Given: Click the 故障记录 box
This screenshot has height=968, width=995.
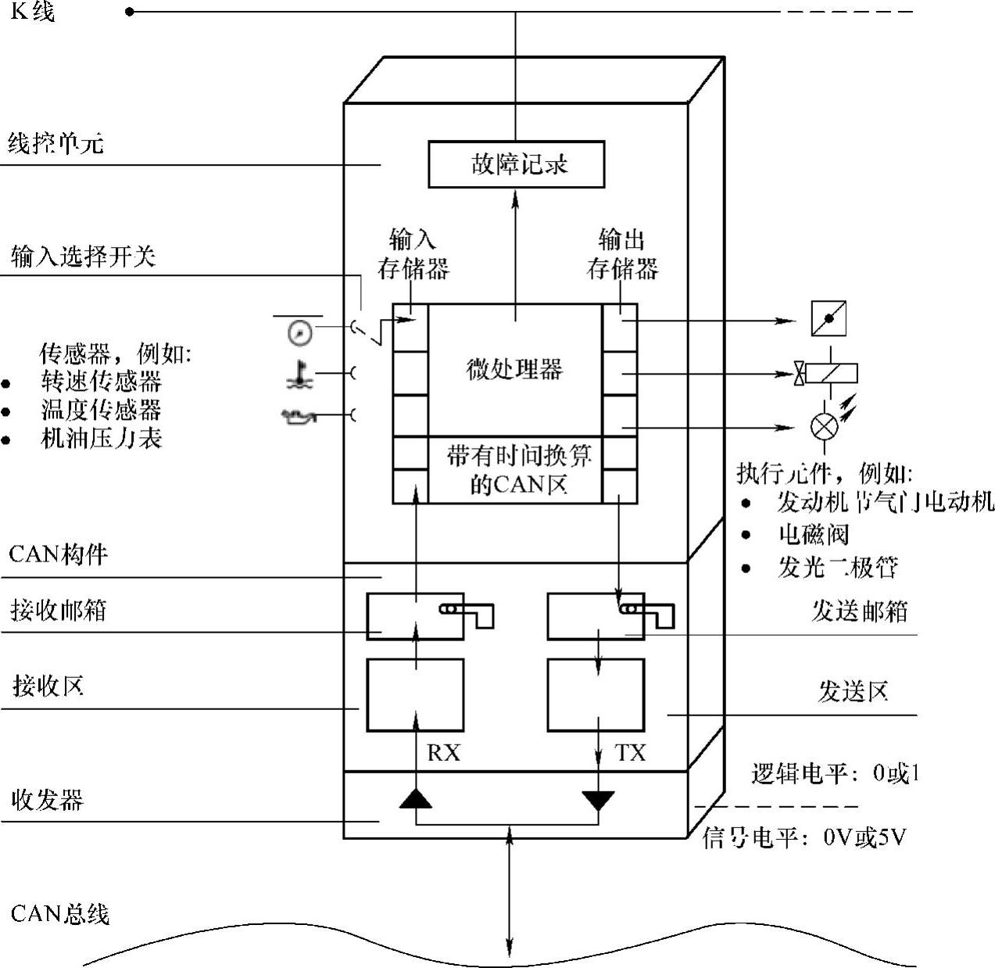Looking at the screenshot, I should [x=517, y=164].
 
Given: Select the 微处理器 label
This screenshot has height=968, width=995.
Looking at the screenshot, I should [x=514, y=369].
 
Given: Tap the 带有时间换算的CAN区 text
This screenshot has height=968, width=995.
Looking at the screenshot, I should [x=517, y=470].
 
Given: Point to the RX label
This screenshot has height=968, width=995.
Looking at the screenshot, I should [x=443, y=753].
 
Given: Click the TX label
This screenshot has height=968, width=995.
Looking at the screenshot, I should [x=630, y=753].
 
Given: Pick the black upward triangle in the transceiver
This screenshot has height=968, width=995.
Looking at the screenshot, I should [x=415, y=799].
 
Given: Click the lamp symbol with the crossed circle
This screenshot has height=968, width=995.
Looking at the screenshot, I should [x=823, y=427].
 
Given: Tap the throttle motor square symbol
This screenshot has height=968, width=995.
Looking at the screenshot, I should [x=829, y=319].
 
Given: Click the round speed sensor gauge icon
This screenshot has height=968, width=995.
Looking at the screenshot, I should [x=300, y=333].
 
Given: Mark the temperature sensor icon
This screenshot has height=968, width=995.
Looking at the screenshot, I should [x=300, y=375].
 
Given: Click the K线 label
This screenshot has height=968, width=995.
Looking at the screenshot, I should [x=33, y=12].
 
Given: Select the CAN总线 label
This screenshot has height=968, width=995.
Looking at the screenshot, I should [x=60, y=914].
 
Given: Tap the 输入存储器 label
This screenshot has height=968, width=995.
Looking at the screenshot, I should [x=413, y=254].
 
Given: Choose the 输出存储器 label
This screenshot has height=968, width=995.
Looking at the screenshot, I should [x=622, y=254].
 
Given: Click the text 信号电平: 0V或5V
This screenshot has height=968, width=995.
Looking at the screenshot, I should [x=804, y=838].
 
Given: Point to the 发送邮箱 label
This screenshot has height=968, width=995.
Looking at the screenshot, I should [x=859, y=611].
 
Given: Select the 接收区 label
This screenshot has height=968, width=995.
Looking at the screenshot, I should [x=48, y=687].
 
